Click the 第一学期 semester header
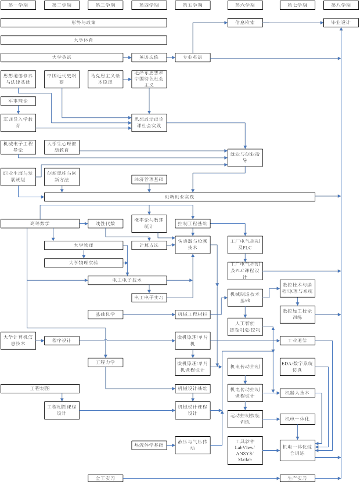coord(18,5)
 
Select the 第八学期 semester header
coord(341,5)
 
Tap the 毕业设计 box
coord(341,23)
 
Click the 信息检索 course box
coord(245,23)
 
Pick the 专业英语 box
coord(192,57)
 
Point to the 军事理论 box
coord(18,101)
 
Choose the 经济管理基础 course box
coord(149,179)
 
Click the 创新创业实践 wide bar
coord(179,197)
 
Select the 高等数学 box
coord(40,223)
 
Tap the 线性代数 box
coord(105,223)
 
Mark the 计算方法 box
coord(149,245)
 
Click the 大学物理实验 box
coord(84,263)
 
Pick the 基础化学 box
coord(105,314)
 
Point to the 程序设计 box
coord(62,341)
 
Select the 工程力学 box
coord(105,363)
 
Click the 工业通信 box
coord(297,341)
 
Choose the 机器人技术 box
coord(297,393)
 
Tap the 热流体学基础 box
coord(149,445)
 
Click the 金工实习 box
coord(105,479)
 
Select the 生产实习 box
coord(297,479)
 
